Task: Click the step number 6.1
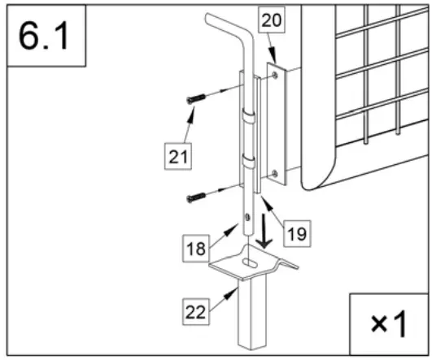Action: pos(44,36)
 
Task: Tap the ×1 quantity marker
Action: pos(389,323)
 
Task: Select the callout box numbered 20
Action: pos(272,20)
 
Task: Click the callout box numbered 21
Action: pos(178,157)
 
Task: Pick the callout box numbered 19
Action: pos(297,234)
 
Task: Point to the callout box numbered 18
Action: pos(196,248)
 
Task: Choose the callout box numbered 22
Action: pos(195,312)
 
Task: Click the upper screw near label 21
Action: pos(196,99)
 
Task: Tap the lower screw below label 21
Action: pos(196,197)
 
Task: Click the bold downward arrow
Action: pos(264,231)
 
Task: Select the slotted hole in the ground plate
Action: pos(251,262)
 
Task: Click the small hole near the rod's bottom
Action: pos(247,217)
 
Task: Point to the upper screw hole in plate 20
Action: pos(275,75)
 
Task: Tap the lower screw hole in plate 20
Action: pos(275,174)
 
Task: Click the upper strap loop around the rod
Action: pos(249,116)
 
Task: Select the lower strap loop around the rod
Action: pos(249,162)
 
